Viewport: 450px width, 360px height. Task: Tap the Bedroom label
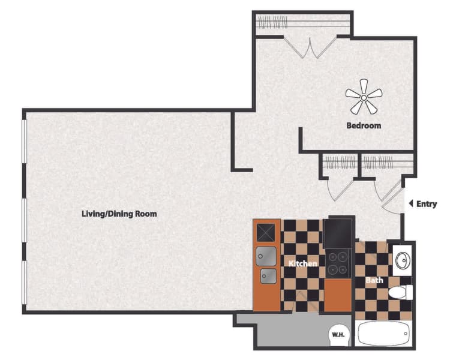[x=364, y=126]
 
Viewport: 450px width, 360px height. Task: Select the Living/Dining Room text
[x=119, y=214]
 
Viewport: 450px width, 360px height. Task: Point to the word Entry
[x=427, y=204]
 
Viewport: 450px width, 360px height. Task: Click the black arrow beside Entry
[x=411, y=204]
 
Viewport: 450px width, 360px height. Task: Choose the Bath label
[x=374, y=280]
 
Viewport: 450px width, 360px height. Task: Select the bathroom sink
[x=401, y=260]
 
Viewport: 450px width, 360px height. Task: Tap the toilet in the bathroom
[x=400, y=293]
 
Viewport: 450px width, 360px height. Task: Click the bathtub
[x=383, y=333]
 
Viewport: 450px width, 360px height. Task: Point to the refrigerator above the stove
[x=340, y=232]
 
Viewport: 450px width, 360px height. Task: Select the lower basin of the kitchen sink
[x=268, y=276]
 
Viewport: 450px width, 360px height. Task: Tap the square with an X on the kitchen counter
[x=266, y=231]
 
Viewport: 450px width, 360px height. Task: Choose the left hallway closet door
[x=341, y=189]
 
